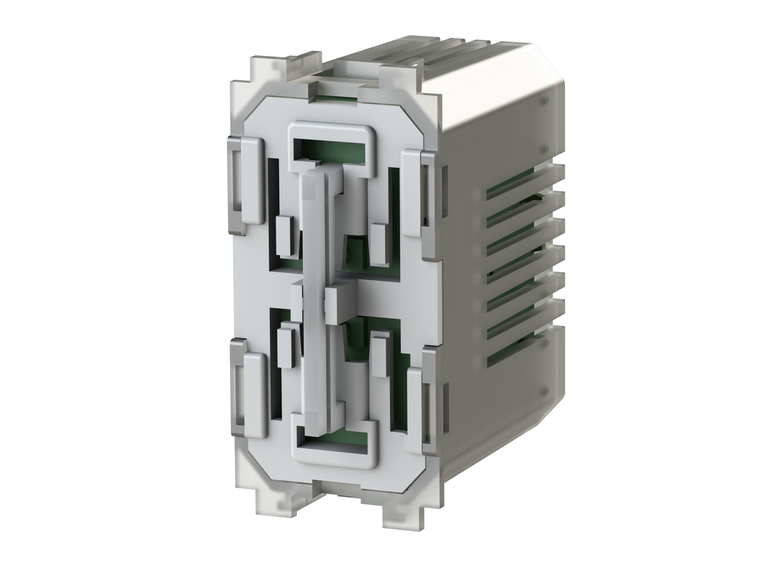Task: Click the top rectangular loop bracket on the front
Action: click(x=332, y=129)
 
